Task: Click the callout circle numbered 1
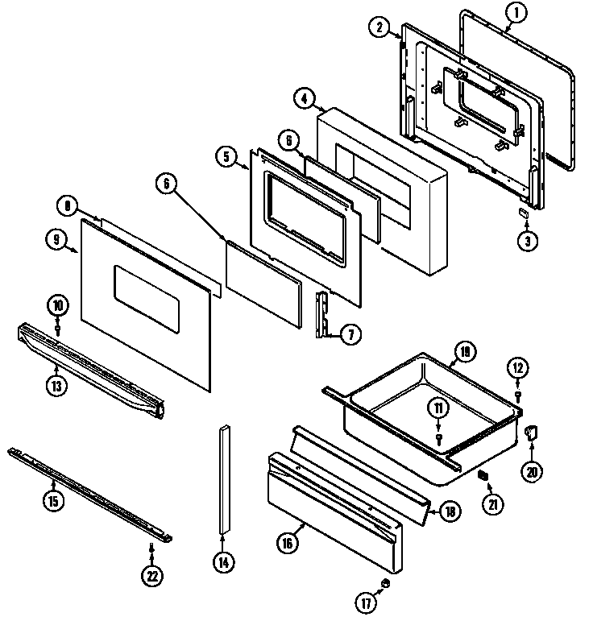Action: pos(516,11)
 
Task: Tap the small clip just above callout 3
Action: pos(522,213)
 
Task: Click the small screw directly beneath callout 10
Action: pos(58,329)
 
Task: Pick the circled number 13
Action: pos(55,384)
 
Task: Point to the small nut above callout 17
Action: pos(385,582)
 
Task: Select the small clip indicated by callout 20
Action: pos(531,435)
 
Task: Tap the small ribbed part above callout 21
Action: pos(483,476)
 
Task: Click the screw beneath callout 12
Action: pos(517,395)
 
